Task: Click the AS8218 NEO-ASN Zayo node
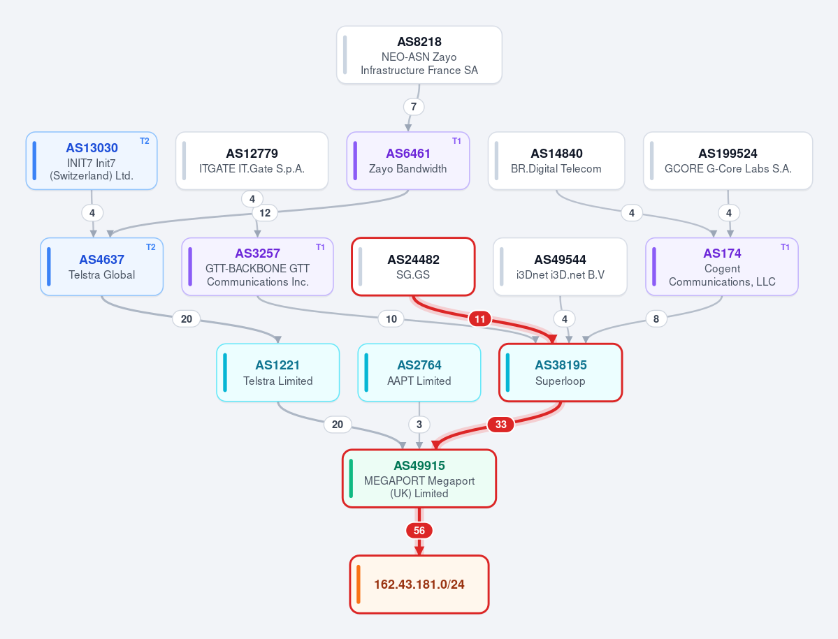click(x=419, y=55)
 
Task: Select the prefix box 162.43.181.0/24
click(x=419, y=585)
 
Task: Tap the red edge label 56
click(x=419, y=531)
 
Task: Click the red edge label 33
click(x=500, y=425)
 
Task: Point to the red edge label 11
click(x=480, y=319)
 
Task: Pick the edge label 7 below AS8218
click(x=414, y=107)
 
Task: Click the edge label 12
click(x=265, y=213)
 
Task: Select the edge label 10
click(x=391, y=319)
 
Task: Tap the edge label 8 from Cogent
click(x=656, y=319)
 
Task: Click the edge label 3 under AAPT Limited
click(x=419, y=425)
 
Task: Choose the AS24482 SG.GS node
click(x=413, y=266)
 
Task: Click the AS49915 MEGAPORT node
click(x=419, y=479)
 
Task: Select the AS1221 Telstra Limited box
click(x=278, y=373)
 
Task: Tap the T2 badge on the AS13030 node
click(x=144, y=141)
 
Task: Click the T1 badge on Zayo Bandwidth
click(x=456, y=141)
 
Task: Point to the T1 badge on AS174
click(x=785, y=247)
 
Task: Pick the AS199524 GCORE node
click(x=728, y=161)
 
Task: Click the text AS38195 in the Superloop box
click(x=561, y=365)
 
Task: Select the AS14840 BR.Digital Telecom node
click(x=556, y=161)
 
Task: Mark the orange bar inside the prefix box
click(x=359, y=585)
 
